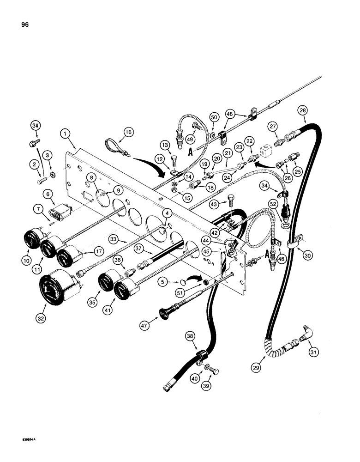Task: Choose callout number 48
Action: pos(230,114)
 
